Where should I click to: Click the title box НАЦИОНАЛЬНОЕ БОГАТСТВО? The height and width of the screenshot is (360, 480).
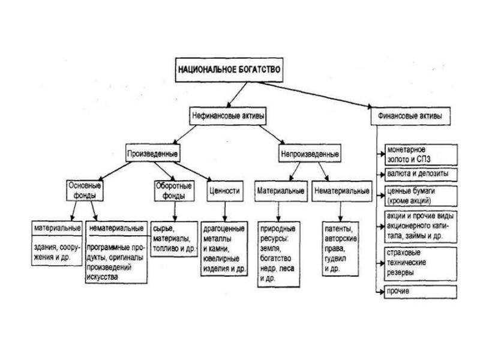coord(229,68)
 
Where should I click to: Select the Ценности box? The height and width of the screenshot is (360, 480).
coord(224,191)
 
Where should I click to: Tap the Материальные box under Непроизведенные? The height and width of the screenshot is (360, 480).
coord(280,191)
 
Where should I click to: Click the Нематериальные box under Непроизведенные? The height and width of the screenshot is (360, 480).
coord(341,191)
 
